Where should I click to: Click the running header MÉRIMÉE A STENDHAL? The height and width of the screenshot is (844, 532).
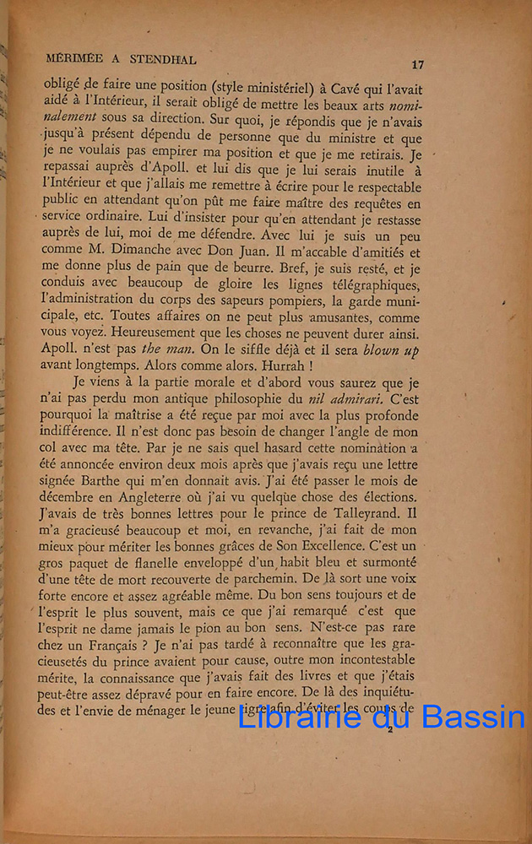[x=122, y=60]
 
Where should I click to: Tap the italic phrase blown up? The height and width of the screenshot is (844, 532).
[x=389, y=349]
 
